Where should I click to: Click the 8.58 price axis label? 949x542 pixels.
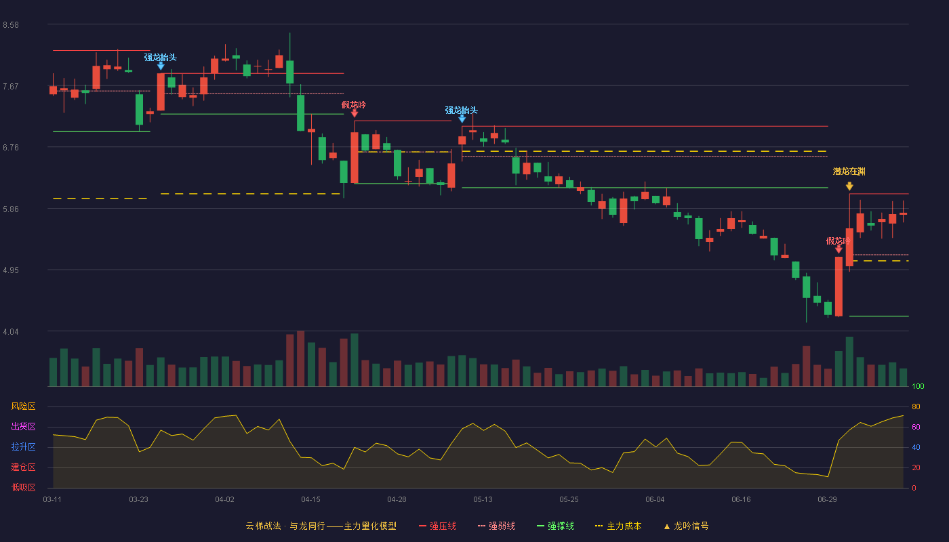11,25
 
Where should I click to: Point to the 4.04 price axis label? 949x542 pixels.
11,332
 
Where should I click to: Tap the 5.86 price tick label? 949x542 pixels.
11,209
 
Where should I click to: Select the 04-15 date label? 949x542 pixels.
310,500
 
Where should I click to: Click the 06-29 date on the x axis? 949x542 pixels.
827,500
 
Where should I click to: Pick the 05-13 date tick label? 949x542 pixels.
483,500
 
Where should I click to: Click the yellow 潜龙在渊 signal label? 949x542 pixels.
849,171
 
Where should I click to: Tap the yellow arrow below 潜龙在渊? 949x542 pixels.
849,186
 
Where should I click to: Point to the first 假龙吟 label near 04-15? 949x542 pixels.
353,104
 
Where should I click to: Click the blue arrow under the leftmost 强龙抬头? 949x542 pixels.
161,66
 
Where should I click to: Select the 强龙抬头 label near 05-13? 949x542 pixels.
462,110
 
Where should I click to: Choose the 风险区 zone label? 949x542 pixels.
23,406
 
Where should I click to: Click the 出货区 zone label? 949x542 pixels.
23,426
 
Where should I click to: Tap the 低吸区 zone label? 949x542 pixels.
23,488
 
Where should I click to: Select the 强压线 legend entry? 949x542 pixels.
437,526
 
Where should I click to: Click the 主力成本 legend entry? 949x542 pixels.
618,526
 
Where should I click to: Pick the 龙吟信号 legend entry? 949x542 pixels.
686,526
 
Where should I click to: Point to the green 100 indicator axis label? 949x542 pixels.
918,386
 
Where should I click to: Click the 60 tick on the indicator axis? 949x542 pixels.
916,427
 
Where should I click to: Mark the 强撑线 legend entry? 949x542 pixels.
555,526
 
